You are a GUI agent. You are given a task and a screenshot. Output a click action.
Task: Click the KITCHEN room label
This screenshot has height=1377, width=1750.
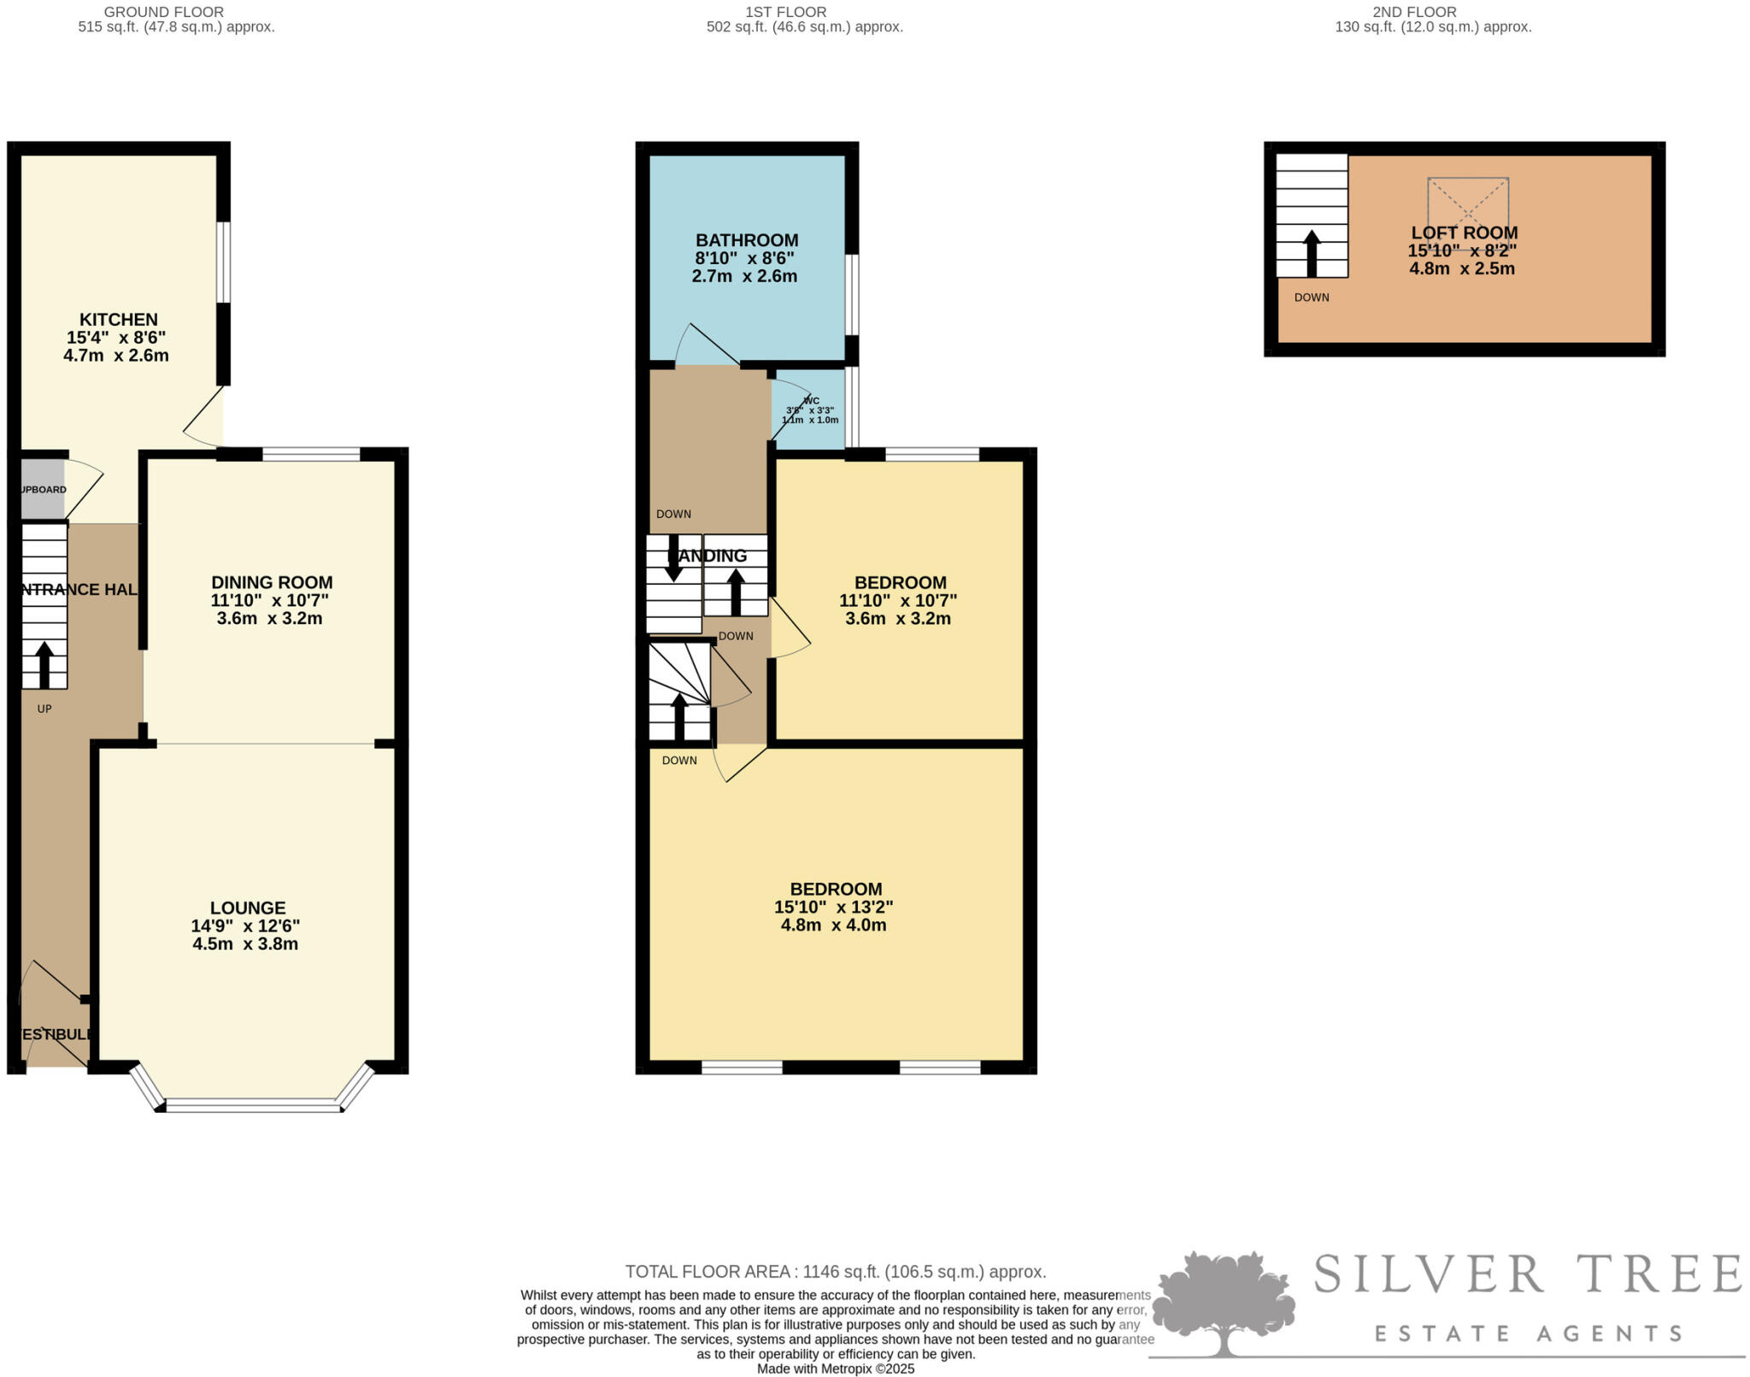click(x=118, y=320)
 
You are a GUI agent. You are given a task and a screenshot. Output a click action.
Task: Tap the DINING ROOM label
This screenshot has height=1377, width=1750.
click(x=272, y=583)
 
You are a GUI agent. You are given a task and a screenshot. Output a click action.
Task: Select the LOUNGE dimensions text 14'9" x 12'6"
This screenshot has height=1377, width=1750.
click(x=245, y=926)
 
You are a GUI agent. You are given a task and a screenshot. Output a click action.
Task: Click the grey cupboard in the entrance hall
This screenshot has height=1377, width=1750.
click(x=42, y=489)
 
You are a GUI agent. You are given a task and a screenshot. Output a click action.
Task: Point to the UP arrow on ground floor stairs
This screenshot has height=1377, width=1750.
click(x=44, y=664)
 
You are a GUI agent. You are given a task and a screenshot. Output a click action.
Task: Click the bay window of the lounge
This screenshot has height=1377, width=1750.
click(x=253, y=1105)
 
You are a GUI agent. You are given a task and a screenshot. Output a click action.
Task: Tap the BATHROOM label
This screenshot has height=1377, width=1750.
click(x=746, y=240)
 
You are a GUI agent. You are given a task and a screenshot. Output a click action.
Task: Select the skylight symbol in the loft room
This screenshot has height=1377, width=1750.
click(x=1467, y=213)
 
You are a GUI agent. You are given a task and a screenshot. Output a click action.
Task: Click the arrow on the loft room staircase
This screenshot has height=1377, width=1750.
click(x=1311, y=253)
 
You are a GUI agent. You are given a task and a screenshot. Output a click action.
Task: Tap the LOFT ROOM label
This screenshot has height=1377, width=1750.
click(x=1464, y=232)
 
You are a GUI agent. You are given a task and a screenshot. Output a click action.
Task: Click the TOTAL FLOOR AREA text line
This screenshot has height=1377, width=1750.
click(x=835, y=1272)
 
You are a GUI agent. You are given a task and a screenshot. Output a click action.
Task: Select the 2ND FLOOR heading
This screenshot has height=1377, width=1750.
click(x=1431, y=12)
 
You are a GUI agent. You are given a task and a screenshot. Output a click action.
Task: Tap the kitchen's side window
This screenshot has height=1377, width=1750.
click(x=223, y=262)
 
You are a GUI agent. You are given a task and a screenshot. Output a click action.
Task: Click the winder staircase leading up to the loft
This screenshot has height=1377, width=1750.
click(x=679, y=692)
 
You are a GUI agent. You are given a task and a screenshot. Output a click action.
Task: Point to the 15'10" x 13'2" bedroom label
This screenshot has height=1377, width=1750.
click(x=833, y=907)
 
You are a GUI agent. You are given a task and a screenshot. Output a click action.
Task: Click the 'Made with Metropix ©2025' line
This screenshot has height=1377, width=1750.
click(x=835, y=1368)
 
